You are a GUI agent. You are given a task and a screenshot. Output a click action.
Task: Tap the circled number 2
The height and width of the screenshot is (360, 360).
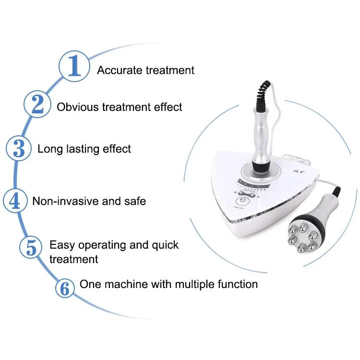tap(37, 104)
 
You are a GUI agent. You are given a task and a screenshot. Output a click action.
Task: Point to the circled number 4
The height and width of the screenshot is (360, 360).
tap(15, 200)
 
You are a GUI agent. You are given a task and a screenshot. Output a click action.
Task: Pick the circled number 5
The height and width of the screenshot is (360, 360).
tap(31, 248)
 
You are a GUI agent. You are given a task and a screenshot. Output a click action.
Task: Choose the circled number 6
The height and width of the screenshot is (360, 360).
tap(65, 288)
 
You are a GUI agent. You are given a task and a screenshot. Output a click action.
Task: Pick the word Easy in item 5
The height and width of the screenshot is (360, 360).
tap(61, 245)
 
